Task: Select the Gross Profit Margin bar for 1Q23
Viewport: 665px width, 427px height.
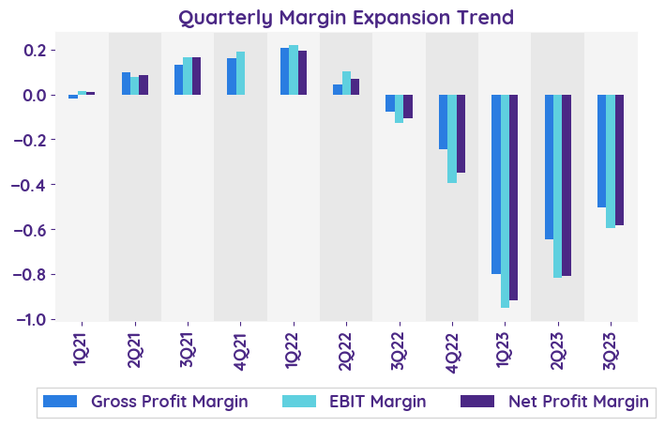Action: (496, 184)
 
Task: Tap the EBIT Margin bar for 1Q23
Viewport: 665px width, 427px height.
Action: (506, 201)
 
